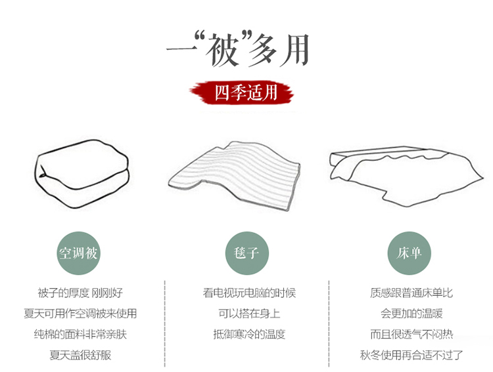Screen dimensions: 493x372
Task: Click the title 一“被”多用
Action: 238,49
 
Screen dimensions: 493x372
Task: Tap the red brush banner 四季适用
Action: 241,93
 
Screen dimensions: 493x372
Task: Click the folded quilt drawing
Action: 82,174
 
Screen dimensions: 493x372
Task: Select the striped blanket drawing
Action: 234,176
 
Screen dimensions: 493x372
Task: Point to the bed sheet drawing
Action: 406,176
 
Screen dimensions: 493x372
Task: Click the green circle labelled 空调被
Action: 78,253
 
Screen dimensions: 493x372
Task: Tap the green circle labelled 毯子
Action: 246,253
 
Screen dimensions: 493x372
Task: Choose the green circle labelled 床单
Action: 409,253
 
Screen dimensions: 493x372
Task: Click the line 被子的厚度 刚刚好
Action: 80,293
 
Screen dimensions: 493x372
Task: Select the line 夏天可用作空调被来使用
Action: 80,314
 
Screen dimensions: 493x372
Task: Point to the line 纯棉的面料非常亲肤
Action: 80,334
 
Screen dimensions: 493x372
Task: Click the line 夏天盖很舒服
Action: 80,355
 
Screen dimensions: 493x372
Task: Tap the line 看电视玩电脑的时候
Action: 249,293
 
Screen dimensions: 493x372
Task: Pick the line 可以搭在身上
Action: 249,314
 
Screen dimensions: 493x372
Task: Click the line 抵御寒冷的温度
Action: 249,334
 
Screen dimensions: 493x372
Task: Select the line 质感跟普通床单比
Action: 411,293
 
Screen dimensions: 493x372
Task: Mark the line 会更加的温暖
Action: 411,314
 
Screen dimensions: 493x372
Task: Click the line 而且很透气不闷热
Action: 411,334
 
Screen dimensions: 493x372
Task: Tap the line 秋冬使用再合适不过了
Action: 411,355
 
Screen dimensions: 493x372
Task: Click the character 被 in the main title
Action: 222,51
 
